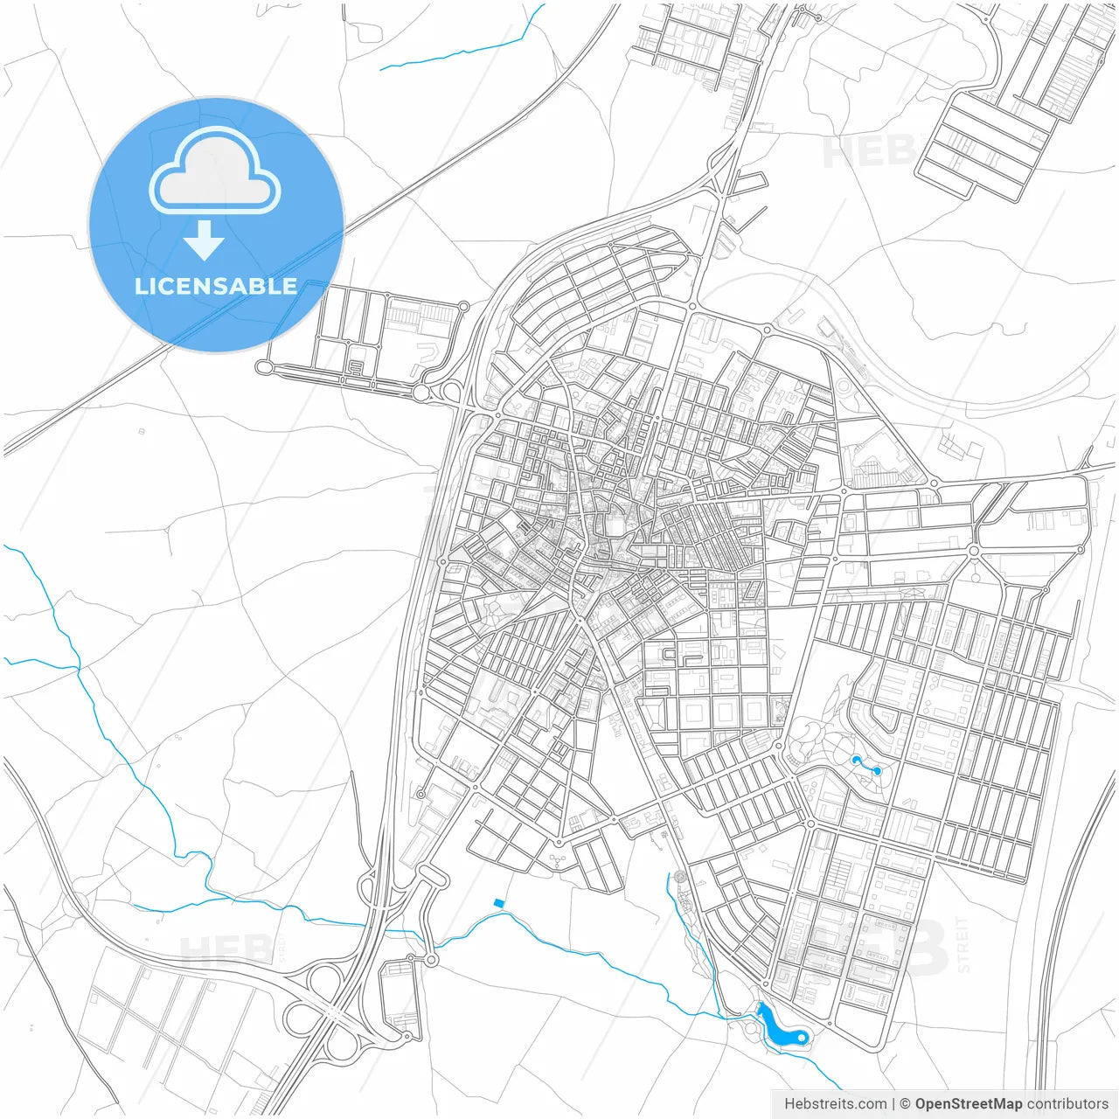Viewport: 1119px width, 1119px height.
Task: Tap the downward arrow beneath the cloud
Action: point(204,240)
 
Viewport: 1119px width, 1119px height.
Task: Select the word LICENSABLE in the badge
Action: point(216,287)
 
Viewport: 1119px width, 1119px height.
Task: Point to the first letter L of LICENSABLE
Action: point(141,287)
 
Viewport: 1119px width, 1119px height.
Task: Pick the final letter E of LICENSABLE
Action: point(289,287)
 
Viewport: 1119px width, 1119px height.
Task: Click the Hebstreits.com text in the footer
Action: point(835,1104)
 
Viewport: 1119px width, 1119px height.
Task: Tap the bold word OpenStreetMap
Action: point(969,1104)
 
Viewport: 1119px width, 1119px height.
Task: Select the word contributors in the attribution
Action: point(1067,1104)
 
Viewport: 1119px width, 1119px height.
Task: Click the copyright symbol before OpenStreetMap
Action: point(906,1104)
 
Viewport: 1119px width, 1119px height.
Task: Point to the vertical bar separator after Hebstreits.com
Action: point(893,1104)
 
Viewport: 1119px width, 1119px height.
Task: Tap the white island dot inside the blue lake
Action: point(801,1037)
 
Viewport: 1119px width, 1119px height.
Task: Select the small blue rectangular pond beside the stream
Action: point(499,903)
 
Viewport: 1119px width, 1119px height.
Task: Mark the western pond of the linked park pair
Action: point(856,761)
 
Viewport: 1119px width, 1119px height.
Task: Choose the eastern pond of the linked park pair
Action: point(877,770)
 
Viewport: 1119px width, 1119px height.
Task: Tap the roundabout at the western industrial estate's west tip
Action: point(263,368)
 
